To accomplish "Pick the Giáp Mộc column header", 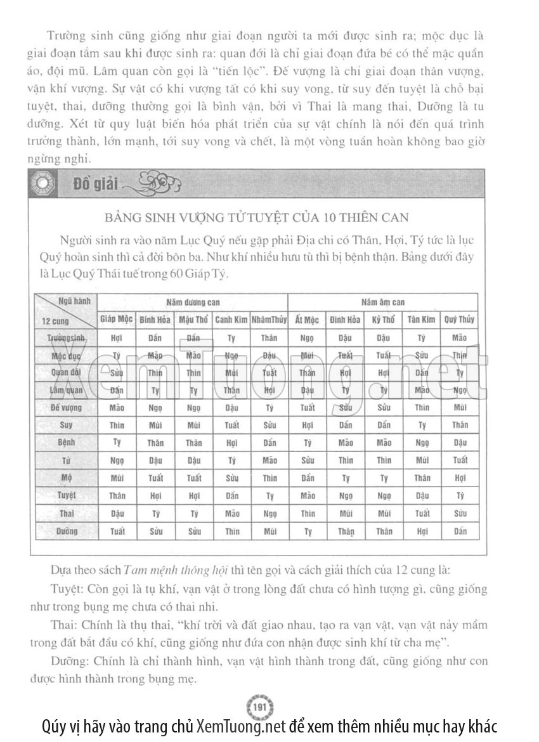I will pos(116,320).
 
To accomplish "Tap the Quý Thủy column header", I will pos(459,320).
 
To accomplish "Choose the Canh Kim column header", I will pos(231,320).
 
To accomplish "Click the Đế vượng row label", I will pos(65,408).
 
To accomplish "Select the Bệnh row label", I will pos(65,443).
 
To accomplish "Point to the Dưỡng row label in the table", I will pos(65,531).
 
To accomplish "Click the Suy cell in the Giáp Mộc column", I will pos(116,426).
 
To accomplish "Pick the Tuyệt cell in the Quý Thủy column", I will pos(459,496).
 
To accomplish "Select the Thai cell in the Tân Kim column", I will pos(422,514).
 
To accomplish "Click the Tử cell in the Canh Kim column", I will pos(231,460).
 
